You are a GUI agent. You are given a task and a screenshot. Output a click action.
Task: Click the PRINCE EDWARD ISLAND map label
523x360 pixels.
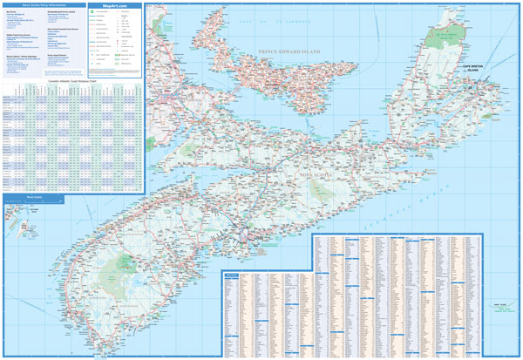283,54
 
